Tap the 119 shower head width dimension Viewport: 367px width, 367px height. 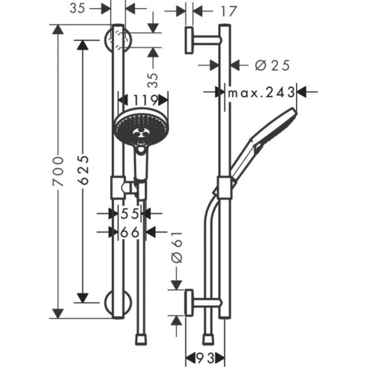click(x=142, y=100)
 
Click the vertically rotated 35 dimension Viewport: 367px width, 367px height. click(x=153, y=79)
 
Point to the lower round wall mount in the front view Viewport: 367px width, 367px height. click(x=117, y=303)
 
